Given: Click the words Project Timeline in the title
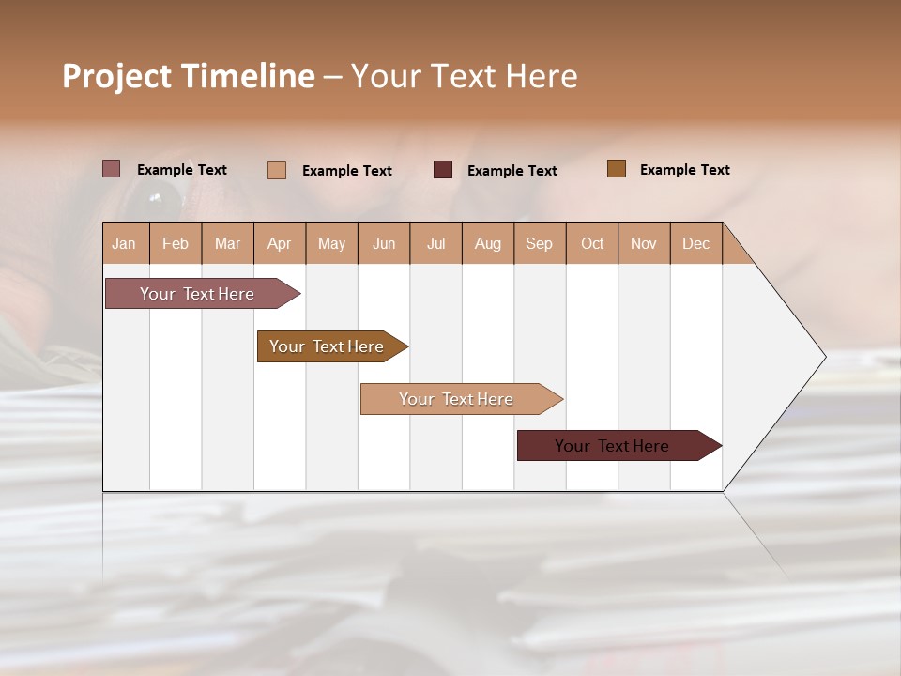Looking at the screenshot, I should [x=188, y=76].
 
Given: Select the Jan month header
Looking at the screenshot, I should [x=124, y=243].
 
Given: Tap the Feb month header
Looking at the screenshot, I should [x=176, y=243].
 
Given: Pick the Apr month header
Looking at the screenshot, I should [x=280, y=243].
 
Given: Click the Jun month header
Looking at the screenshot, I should [x=384, y=243].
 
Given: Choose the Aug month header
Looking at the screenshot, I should [x=488, y=243].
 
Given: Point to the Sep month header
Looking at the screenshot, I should [x=540, y=243].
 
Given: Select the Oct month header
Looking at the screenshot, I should [x=592, y=243].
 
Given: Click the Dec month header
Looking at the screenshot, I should [x=696, y=243].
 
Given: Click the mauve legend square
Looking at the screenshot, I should [x=112, y=169].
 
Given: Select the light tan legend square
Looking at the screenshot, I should [x=277, y=170].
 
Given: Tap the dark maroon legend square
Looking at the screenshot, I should [x=443, y=170].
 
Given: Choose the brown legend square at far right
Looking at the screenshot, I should [x=617, y=169].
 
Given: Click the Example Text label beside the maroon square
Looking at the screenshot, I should [x=512, y=171].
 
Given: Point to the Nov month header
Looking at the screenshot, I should [x=644, y=243].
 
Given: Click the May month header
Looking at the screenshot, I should [x=331, y=243].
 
